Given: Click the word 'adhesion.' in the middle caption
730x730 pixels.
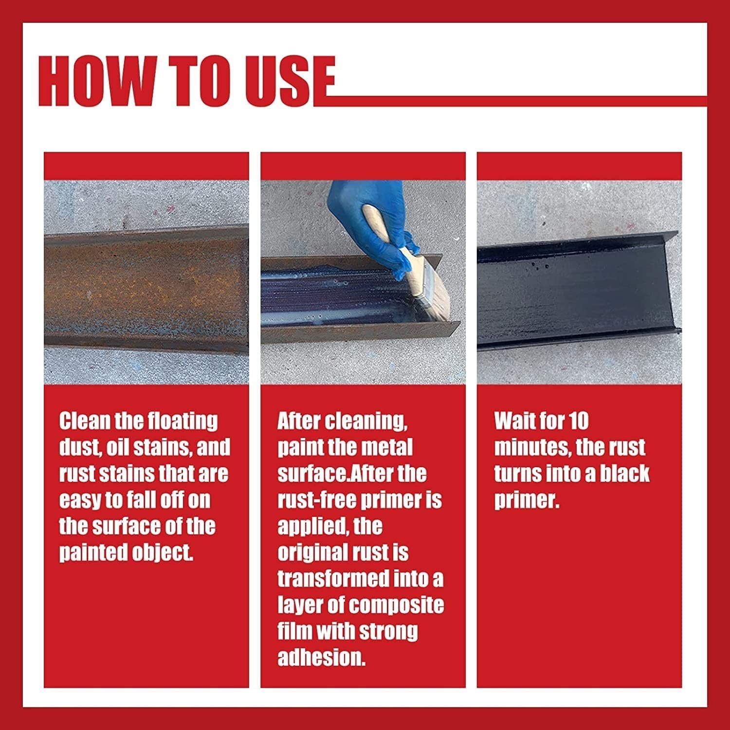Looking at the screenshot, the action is tap(321, 658).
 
